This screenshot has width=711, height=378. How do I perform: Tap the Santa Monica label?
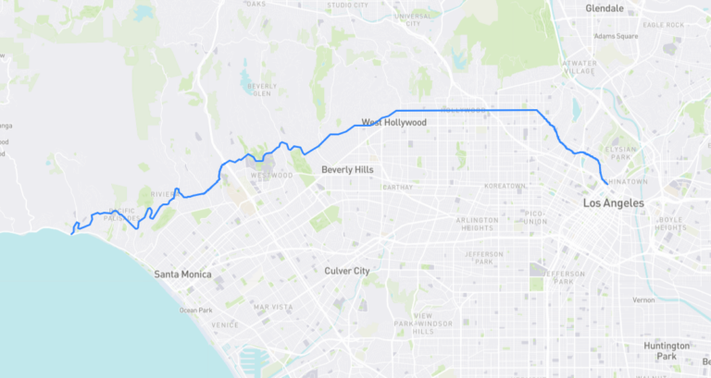point(182,274)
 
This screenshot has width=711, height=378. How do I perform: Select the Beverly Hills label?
point(350,170)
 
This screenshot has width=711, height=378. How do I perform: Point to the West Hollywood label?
point(393,122)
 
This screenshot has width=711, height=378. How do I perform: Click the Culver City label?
point(347,271)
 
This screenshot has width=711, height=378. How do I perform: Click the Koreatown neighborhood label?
point(504,186)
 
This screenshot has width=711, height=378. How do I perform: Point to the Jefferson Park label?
point(484,258)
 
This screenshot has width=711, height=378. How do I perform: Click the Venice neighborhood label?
point(224,324)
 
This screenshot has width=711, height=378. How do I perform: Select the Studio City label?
point(348,5)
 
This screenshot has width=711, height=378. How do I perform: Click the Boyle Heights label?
point(670,224)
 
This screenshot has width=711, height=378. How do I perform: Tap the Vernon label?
point(642,300)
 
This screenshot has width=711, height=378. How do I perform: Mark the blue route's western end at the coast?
point(71,234)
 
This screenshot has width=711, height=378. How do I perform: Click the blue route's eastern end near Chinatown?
point(606,184)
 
